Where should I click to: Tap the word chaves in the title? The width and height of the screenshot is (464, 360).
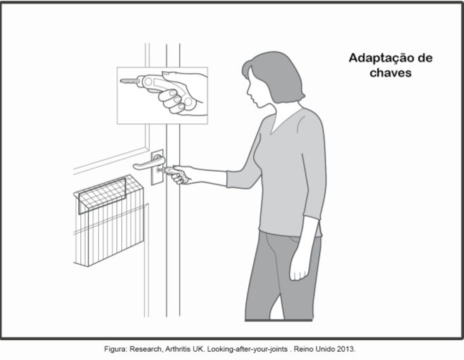pos(391,73)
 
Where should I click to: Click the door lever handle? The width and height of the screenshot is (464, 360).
pos(149,163)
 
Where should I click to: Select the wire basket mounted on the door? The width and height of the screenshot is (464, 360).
pos(109,221)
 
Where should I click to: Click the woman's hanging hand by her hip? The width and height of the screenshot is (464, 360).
pos(298,268)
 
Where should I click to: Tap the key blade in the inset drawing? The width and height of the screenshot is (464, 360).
pos(129,81)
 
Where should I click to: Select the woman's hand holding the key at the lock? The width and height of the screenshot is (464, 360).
pos(181,175)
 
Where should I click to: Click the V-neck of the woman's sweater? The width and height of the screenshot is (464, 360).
pos(283,121)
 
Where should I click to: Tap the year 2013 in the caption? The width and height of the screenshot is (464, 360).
pos(348,349)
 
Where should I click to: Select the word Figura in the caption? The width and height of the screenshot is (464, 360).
pos(116,349)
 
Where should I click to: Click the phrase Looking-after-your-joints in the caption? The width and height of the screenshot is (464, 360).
pos(248,349)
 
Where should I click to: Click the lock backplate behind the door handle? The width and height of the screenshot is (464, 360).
pos(157,167)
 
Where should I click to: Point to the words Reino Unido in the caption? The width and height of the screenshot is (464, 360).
pos(317,349)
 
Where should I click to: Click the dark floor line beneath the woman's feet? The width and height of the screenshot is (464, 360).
pos(279,320)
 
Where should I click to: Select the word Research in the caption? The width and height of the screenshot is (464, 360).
pos(146,349)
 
